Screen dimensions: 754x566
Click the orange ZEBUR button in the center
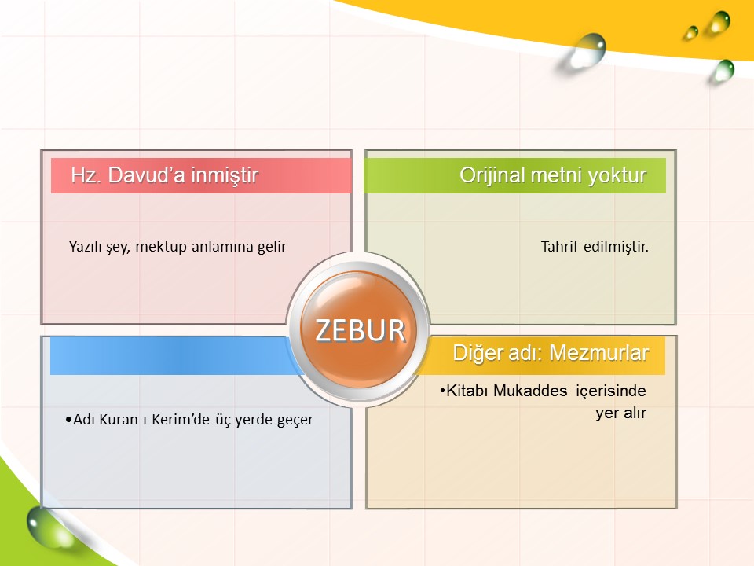point(359,329)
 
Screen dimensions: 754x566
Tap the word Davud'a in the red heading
point(146,175)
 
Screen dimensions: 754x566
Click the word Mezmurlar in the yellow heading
point(599,353)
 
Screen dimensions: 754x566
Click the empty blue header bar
point(173,355)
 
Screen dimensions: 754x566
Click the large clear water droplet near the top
point(587,50)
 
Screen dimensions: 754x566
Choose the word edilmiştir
point(616,247)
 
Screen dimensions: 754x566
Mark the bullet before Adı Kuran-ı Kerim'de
point(68,420)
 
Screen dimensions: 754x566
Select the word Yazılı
point(85,247)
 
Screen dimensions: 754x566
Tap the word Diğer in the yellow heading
point(474,354)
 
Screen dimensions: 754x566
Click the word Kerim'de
point(181,420)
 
